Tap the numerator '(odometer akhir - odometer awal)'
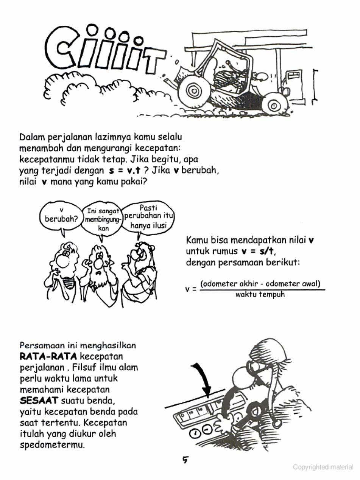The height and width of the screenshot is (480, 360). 260,284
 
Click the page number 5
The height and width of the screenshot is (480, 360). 185,460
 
